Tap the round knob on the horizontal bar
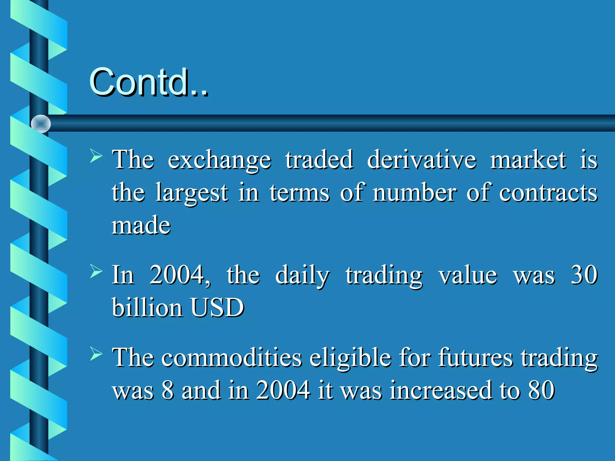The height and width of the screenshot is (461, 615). pyautogui.click(x=41, y=124)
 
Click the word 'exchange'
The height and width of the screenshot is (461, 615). pyautogui.click(x=219, y=160)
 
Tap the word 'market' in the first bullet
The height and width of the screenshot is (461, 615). pyautogui.click(x=528, y=160)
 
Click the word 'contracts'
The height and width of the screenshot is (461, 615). pyautogui.click(x=548, y=193)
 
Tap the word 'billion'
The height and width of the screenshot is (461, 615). pyautogui.click(x=147, y=308)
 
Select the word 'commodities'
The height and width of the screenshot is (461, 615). pyautogui.click(x=232, y=358)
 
